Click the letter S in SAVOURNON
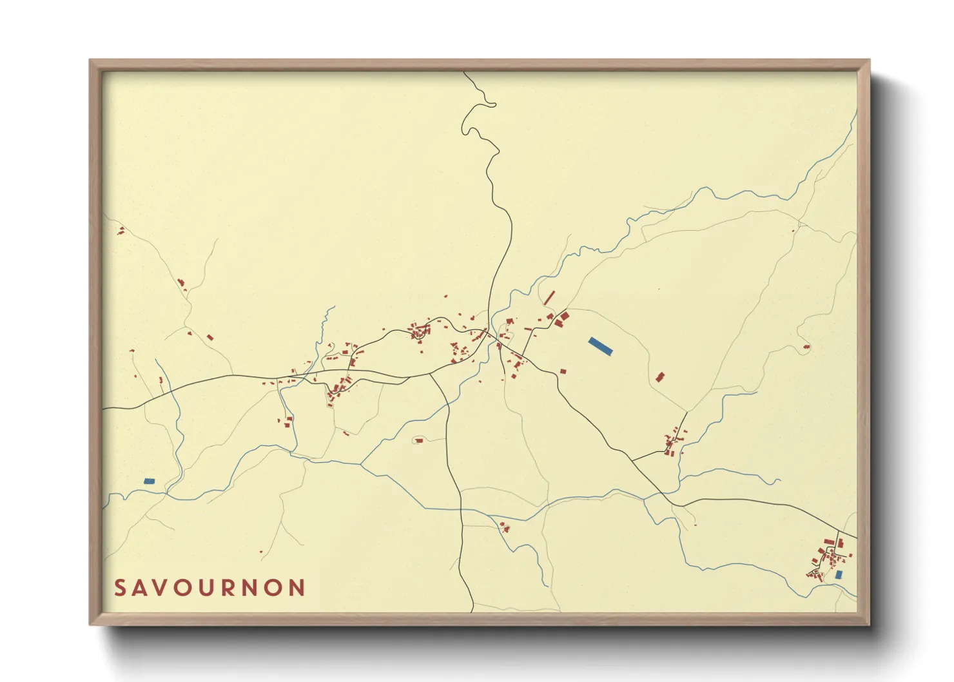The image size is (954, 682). click(119, 588)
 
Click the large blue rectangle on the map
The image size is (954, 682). click(600, 346)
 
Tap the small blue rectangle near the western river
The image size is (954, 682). click(150, 481)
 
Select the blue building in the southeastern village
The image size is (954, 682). click(839, 574)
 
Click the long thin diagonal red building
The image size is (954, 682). click(550, 297)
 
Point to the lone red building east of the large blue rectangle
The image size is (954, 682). click(659, 377)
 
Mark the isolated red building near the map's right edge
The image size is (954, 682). click(806, 347)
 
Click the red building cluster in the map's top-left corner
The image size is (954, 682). click(121, 230)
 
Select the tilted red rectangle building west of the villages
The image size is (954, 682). click(209, 337)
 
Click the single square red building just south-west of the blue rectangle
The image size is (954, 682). click(563, 371)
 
